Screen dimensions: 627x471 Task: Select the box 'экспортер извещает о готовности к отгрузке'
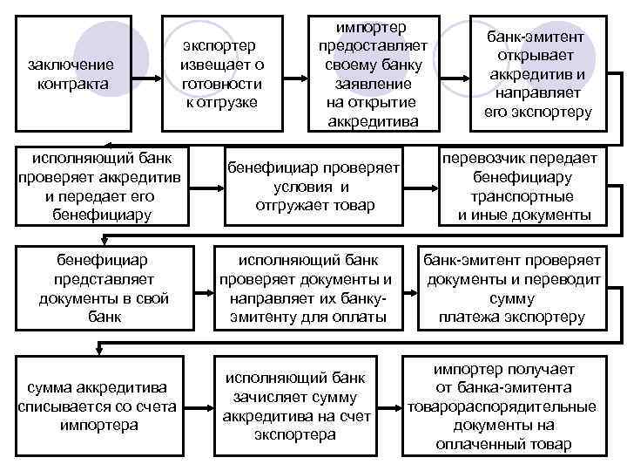tap(221, 75)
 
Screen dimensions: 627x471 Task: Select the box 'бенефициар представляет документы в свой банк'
tap(103, 289)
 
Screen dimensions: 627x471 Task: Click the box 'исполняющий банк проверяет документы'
tap(311, 289)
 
